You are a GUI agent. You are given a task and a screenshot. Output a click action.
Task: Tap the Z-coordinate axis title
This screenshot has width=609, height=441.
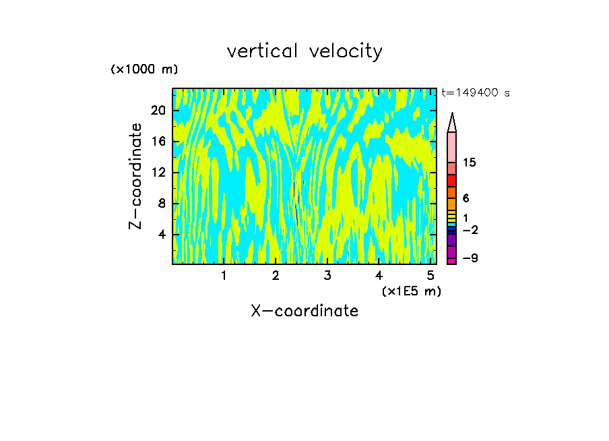pos(137,176)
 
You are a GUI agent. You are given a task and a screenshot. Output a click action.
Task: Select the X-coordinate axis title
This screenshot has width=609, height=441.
pos(304,311)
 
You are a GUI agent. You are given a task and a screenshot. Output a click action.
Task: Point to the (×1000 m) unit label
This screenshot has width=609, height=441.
pos(144,69)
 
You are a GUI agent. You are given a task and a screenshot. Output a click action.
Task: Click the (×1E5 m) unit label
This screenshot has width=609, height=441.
pos(411,291)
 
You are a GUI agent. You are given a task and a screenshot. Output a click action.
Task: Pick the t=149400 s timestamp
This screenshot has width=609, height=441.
pos(476,93)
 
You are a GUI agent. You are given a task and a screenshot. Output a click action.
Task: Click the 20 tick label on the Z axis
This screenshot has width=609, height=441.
pos(158,111)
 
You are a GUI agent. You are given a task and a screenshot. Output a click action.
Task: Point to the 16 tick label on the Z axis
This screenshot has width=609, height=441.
pos(158,142)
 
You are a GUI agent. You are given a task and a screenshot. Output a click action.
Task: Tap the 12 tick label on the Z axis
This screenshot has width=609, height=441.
pos(158,173)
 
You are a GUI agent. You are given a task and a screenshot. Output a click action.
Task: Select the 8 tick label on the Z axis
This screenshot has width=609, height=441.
pos(162,204)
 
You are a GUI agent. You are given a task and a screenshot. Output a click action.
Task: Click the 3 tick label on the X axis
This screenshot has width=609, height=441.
pos(327,275)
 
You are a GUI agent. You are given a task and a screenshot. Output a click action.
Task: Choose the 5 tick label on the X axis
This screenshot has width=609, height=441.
pos(430,275)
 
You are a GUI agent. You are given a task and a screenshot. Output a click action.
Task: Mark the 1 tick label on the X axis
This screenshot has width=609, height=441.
pos(224,275)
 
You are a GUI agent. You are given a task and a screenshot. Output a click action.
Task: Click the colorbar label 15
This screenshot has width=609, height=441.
pos(470,163)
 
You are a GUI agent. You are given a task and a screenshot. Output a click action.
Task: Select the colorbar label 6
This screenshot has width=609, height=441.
pos(466,198)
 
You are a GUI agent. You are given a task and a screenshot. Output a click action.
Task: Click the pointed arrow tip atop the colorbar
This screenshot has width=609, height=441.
pos(452,116)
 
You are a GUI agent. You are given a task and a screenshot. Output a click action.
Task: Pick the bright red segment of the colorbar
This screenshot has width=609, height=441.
pos(452,181)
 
